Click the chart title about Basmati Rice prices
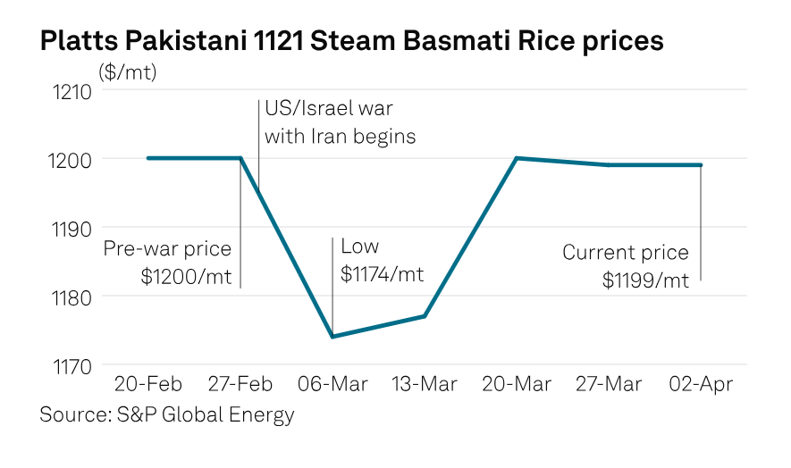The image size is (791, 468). tap(351, 41)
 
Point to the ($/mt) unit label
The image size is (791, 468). tap(127, 72)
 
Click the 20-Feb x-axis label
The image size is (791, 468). tap(148, 385)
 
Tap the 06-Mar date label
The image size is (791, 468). tap(332, 385)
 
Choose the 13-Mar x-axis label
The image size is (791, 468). tap(425, 385)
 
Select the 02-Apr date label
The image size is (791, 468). tap(702, 385)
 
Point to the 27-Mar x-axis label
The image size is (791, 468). tap(609, 385)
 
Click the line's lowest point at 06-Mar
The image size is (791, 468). tap(332, 337)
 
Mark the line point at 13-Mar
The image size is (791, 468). tap(425, 316)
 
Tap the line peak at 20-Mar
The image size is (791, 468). tap(517, 158)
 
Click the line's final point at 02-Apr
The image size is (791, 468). tap(701, 165)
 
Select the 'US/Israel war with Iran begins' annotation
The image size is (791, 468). tap(340, 123)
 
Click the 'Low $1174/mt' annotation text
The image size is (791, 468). tap(382, 261)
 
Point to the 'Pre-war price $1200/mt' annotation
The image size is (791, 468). tap(168, 263)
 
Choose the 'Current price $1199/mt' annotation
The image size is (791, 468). tap(626, 266)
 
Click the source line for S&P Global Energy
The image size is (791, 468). tap(167, 415)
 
